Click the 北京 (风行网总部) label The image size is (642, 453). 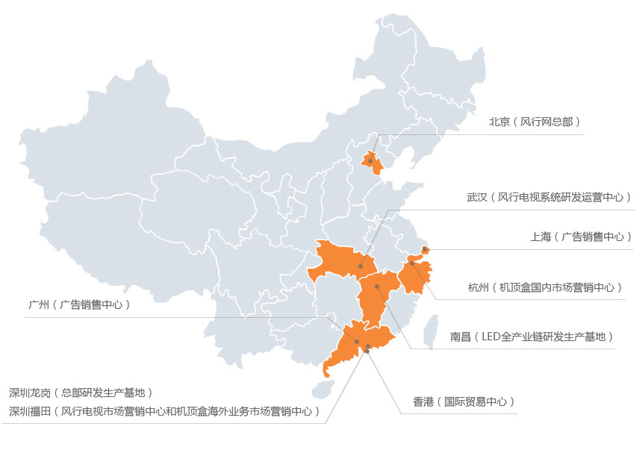coord(535,122)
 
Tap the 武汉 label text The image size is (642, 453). coord(549,197)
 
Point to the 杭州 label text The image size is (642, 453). coord(544,287)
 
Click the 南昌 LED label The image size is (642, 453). coord(532,337)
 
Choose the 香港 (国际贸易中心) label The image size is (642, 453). coord(464,402)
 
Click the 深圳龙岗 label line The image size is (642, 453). coord(81,392)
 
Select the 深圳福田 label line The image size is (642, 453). coord(164,410)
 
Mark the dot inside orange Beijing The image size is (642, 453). coord(370,161)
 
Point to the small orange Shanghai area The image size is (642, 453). coord(425,250)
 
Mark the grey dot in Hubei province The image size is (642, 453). coord(361,266)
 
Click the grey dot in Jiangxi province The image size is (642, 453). coord(377,287)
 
